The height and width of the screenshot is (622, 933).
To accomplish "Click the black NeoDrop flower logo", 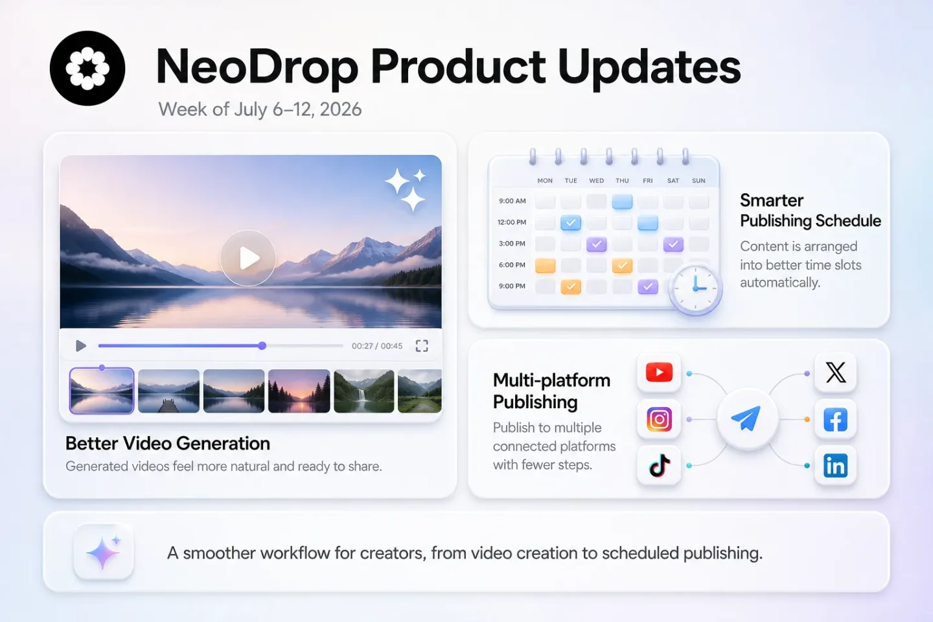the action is (87, 68).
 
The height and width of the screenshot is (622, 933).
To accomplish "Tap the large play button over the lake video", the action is (248, 258).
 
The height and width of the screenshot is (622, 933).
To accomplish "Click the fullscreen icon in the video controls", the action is (422, 346).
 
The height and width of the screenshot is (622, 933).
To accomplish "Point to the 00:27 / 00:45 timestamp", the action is (377, 346).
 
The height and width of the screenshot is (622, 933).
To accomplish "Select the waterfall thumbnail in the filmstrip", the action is (364, 391).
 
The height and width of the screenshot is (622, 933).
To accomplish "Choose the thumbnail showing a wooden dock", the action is (168, 391).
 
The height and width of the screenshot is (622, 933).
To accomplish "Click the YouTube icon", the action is (659, 372).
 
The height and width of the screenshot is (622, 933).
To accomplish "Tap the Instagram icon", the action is (659, 419).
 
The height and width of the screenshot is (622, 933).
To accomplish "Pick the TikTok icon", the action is (659, 465).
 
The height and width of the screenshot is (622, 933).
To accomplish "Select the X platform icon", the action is (836, 372).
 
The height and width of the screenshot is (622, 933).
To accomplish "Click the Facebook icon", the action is (836, 419).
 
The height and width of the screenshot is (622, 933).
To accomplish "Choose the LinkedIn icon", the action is (836, 465).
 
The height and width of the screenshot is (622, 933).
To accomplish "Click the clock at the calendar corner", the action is (695, 288).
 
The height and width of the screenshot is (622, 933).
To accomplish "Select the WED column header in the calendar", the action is (596, 181).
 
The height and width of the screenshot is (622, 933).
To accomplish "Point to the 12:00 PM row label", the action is (512, 222).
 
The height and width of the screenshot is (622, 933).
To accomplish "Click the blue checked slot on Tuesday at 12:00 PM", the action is (571, 223).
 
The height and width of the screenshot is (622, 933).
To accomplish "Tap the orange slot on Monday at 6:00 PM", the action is (546, 266).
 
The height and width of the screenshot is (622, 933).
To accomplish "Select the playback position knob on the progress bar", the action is (262, 345).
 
